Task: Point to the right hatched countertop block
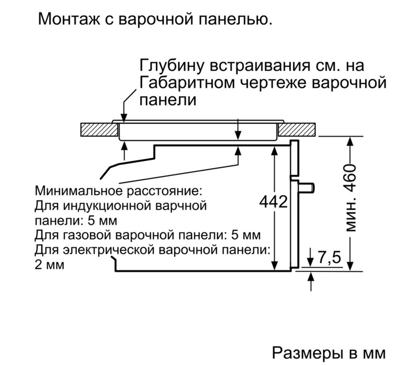coord(297,130)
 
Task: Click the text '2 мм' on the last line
coord(50,265)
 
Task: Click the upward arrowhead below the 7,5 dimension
coord(312,277)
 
